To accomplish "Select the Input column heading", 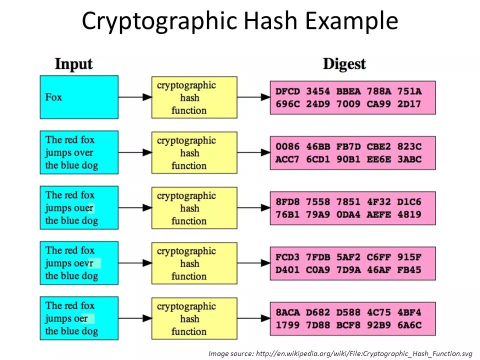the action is click(x=73, y=64).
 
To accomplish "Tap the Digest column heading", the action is click(x=344, y=64).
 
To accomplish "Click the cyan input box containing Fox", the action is click(x=79, y=97).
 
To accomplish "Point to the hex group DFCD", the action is click(x=287, y=91).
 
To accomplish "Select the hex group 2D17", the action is click(x=409, y=104).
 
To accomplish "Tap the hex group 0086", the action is click(x=287, y=147).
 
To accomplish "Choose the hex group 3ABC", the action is click(x=409, y=159).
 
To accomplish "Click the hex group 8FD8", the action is click(x=287, y=202).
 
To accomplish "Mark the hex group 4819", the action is click(x=409, y=215).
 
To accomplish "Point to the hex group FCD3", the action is click(x=287, y=257).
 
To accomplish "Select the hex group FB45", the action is click(x=409, y=270).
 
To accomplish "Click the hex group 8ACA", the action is click(x=287, y=313).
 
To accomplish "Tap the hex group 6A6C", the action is click(x=409, y=325).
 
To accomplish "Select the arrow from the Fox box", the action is click(x=135, y=97).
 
